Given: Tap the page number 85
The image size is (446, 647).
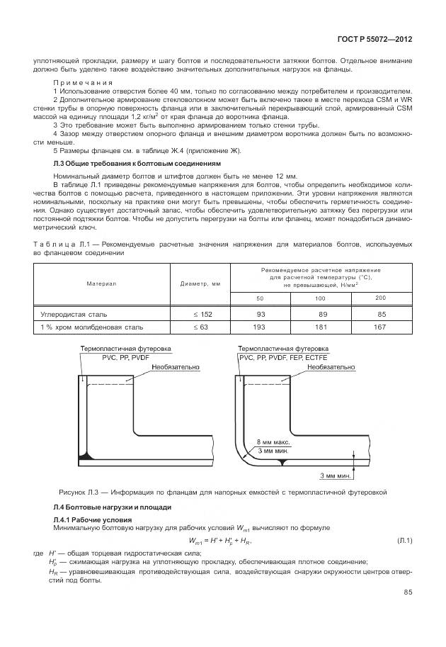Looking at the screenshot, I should click(x=408, y=592).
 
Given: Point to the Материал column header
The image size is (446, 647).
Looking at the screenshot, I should click(x=101, y=283).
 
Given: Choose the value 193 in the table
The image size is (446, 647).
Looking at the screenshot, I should click(x=261, y=327).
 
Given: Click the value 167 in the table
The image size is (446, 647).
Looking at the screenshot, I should click(x=379, y=327).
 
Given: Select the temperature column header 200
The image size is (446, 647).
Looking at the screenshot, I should click(x=379, y=297).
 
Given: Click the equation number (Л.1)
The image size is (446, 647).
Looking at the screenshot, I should click(x=404, y=541).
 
